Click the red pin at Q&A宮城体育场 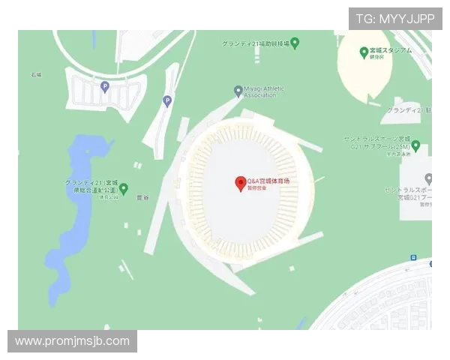[x=241, y=183]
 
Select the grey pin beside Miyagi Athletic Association [x=238, y=91]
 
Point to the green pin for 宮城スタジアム [x=364, y=52]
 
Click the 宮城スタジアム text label [x=391, y=51]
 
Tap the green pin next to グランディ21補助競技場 [x=295, y=43]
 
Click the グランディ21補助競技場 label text [x=255, y=43]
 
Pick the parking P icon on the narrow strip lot [x=167, y=101]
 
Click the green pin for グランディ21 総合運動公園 [x=124, y=188]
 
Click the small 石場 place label [x=36, y=75]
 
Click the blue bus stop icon [x=413, y=257]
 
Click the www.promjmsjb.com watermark [x=72, y=342]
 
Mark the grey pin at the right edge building [x=428, y=179]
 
